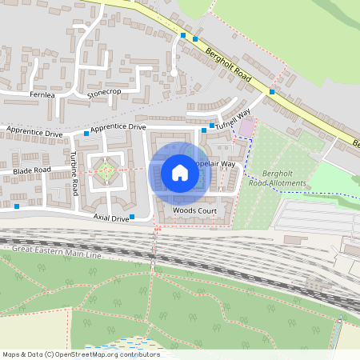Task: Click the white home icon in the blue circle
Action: [180, 173]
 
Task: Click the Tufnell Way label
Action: [234, 118]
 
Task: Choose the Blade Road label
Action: [30, 170]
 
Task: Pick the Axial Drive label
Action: [110, 218]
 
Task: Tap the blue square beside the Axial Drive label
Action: [134, 218]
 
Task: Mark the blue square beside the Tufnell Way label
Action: [212, 126]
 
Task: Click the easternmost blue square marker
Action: [272, 92]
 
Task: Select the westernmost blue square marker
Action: [17, 206]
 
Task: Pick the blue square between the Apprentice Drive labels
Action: [86, 132]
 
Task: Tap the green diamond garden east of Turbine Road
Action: [105, 170]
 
